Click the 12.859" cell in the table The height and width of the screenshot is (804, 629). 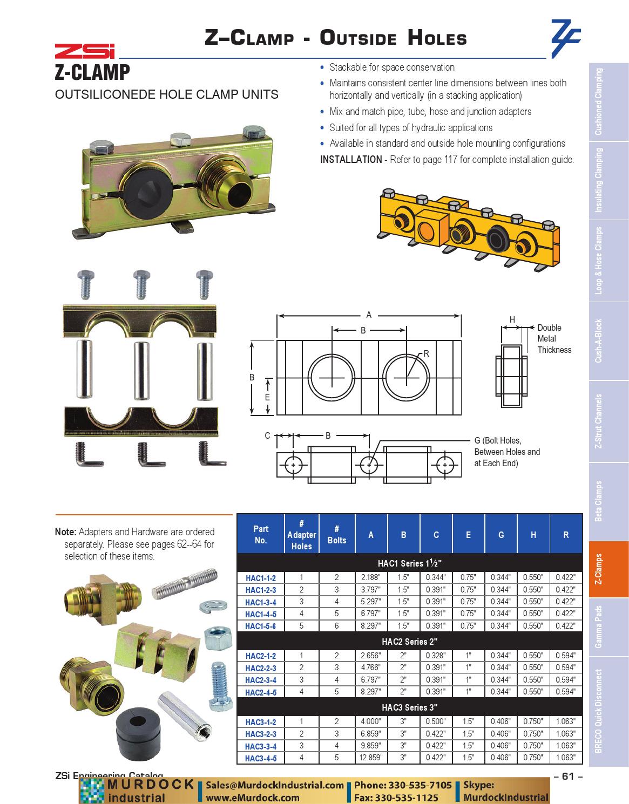click(x=370, y=758)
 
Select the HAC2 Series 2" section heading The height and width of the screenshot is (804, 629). click(x=409, y=642)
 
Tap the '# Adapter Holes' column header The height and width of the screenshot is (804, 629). click(x=301, y=535)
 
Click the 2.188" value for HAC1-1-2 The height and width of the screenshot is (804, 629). click(x=370, y=577)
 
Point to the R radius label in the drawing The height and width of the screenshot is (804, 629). click(x=426, y=354)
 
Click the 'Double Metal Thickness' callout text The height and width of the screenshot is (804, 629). click(x=553, y=339)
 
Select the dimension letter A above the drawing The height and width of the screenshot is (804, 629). click(x=369, y=315)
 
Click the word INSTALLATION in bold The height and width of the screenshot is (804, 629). click(x=351, y=160)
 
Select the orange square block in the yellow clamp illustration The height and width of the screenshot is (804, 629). click(x=431, y=228)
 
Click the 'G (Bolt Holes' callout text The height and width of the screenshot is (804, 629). click(x=498, y=441)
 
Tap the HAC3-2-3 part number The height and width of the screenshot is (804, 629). click(x=260, y=734)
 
